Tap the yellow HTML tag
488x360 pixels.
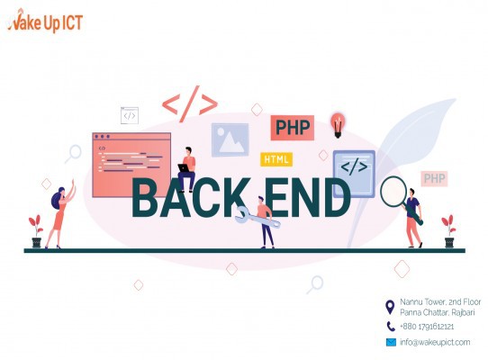click(x=276, y=159)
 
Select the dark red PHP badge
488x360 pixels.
click(x=293, y=128)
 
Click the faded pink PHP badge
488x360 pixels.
click(x=434, y=178)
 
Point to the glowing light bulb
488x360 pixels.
click(x=338, y=125)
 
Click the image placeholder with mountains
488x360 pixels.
click(x=230, y=139)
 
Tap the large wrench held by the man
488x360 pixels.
click(x=257, y=217)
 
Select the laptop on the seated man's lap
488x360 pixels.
click(x=184, y=167)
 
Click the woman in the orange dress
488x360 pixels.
click(x=60, y=214)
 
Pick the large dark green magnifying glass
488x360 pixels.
click(x=399, y=198)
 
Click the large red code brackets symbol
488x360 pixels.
click(x=190, y=103)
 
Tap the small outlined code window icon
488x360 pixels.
click(x=130, y=115)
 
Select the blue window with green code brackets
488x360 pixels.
click(x=354, y=174)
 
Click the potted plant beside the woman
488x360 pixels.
click(x=36, y=231)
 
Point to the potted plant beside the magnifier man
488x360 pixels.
click(x=448, y=231)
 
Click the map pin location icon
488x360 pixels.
click(x=390, y=307)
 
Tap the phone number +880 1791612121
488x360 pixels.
click(x=427, y=327)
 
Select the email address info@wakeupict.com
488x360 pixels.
click(x=435, y=342)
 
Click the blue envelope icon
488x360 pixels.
click(x=391, y=342)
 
